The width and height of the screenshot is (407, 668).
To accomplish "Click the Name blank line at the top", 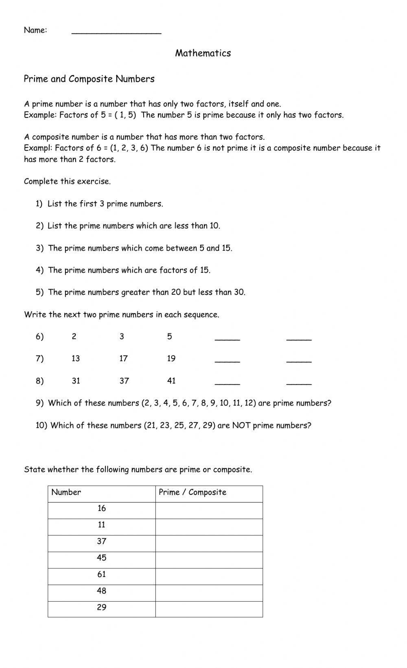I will tap(116, 32).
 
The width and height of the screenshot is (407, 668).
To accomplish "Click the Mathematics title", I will tap(203, 53).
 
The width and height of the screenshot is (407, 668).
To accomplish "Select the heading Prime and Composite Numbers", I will tap(89, 79).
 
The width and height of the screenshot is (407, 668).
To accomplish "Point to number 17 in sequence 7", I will tap(123, 359).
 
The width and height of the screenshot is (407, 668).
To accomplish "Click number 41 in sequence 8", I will tap(171, 381).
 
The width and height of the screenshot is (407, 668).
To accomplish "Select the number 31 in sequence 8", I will tap(76, 381).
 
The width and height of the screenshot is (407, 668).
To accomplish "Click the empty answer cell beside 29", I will tap(209, 609).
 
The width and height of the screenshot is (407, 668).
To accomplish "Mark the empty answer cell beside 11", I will tap(209, 527).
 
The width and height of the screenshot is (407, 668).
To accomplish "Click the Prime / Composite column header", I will tap(193, 492).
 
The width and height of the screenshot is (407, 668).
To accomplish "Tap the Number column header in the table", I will tap(66, 492).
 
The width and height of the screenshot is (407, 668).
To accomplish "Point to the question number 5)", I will tap(39, 292).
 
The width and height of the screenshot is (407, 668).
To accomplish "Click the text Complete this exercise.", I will tap(67, 181).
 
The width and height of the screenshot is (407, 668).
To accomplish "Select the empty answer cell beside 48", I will tap(209, 593).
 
